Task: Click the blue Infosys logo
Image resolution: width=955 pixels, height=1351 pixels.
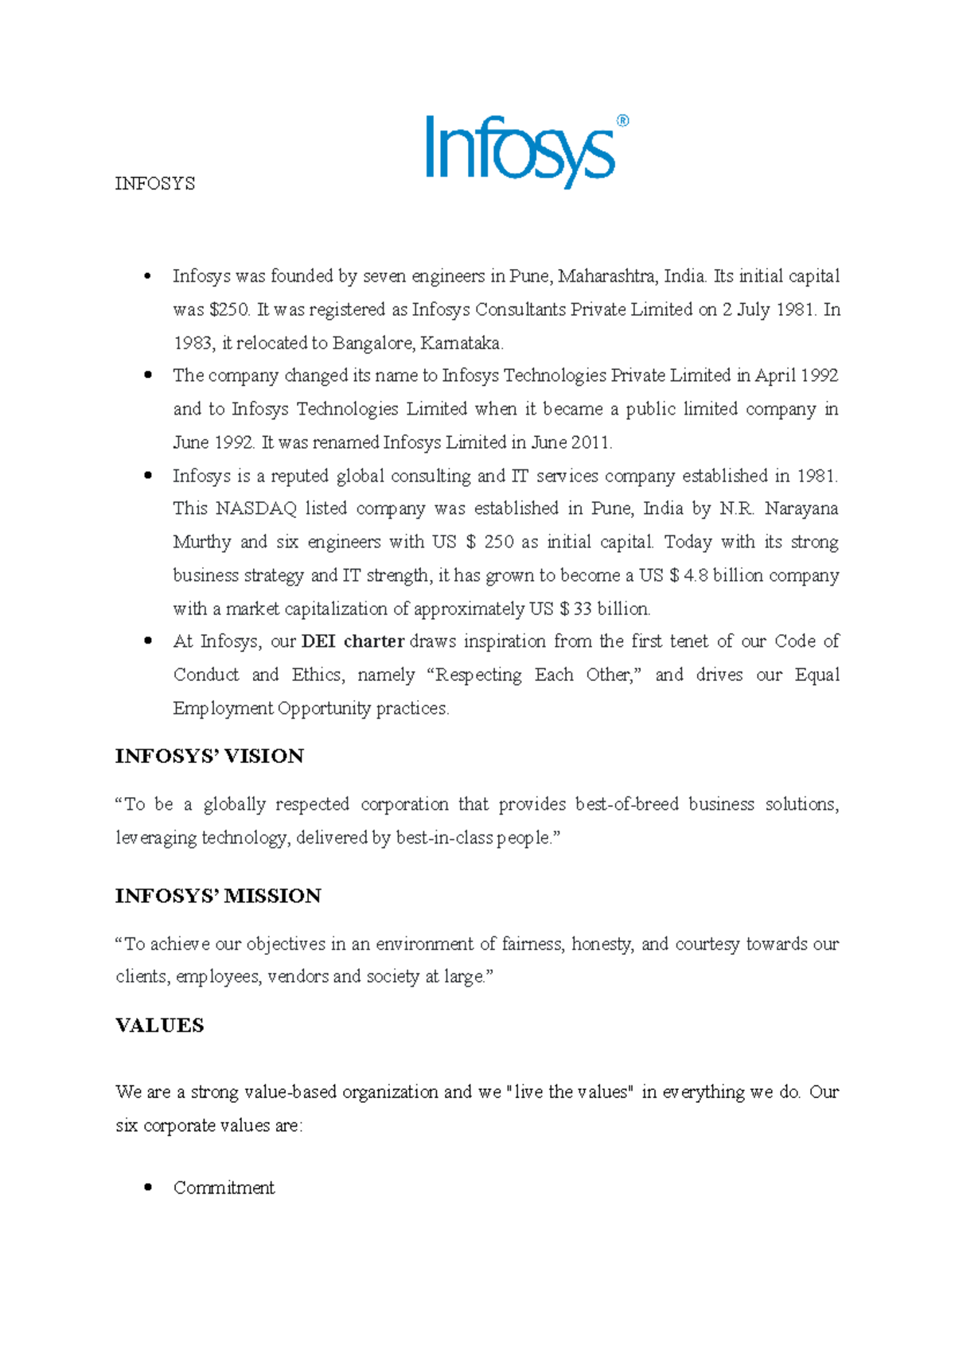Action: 521,151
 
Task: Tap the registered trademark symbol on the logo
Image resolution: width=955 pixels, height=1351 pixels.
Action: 622,121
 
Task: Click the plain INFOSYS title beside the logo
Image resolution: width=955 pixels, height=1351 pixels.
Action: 155,184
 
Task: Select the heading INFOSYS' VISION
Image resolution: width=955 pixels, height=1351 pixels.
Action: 209,756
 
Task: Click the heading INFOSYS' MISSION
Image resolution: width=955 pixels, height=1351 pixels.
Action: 218,896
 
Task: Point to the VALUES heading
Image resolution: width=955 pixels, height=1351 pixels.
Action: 160,1026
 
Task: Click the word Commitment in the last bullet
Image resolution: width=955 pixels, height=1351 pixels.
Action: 224,1188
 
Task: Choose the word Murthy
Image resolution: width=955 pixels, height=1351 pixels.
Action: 201,542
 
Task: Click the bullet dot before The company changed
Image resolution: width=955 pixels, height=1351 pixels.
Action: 147,376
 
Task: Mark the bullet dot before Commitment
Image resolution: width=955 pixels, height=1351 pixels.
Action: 147,1188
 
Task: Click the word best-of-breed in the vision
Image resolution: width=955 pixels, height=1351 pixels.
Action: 626,804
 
